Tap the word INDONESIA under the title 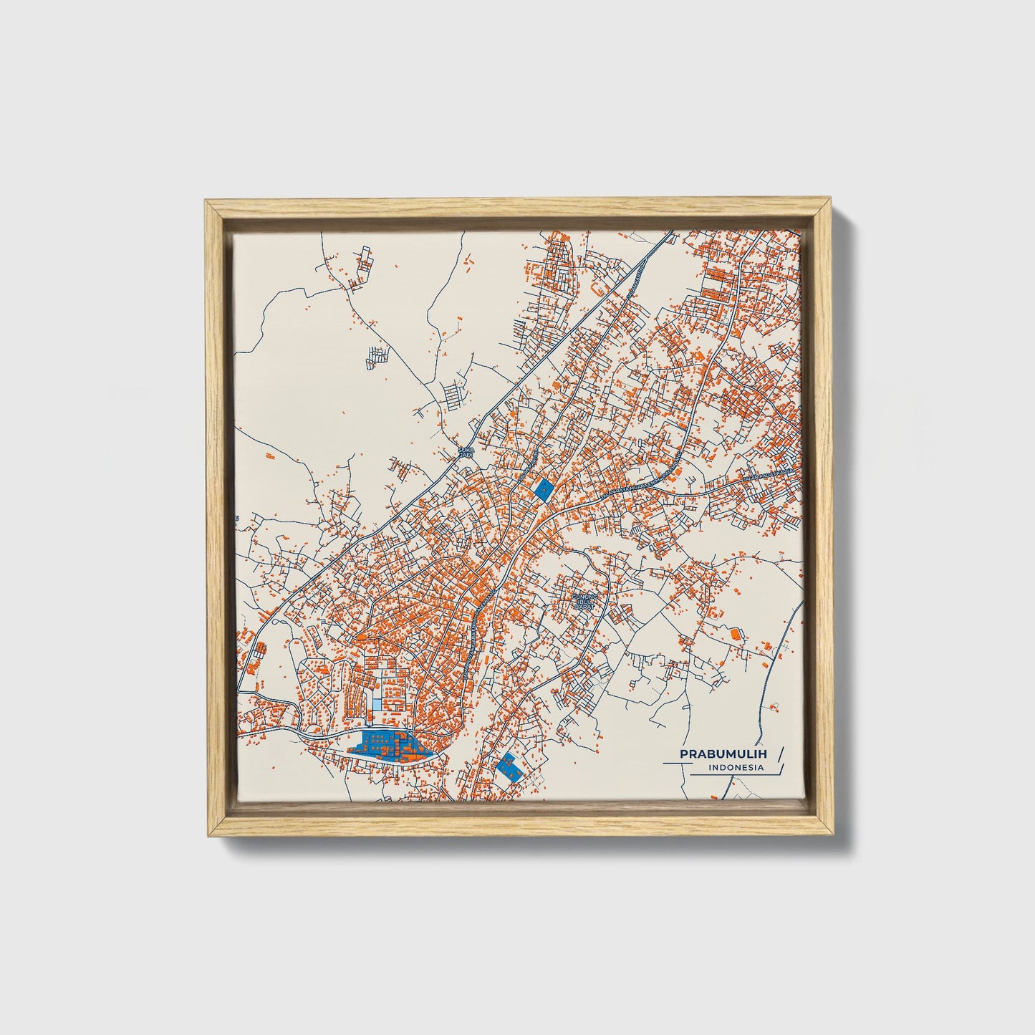click(735, 768)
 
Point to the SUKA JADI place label click(466, 453)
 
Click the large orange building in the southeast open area click(733, 633)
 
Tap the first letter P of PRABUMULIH click(683, 754)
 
